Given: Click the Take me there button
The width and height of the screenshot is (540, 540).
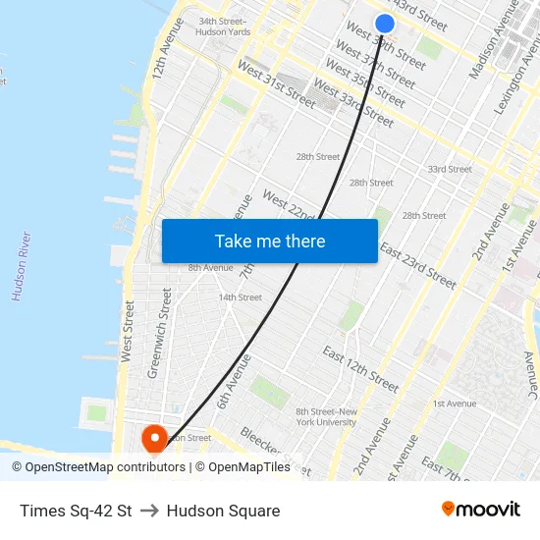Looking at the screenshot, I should click(269, 241).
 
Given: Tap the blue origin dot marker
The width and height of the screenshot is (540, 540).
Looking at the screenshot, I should click(385, 24).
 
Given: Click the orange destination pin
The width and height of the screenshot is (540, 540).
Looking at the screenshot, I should click(155, 438).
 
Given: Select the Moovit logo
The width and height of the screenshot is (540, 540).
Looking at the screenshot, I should click(480, 510).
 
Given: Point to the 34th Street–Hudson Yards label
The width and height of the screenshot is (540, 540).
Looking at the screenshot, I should click(224, 27).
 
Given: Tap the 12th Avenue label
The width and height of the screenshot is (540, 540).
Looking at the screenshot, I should click(162, 61).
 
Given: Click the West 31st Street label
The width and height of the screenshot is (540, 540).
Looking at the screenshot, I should click(276, 85).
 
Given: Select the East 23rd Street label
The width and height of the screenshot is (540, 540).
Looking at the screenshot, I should click(417, 265).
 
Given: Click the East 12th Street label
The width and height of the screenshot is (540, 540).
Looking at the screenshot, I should click(360, 368).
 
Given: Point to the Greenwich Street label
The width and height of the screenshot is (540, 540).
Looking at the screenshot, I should click(157, 334).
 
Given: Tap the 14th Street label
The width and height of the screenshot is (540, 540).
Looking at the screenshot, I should click(240, 297).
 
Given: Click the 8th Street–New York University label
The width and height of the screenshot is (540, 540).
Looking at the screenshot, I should click(327, 416).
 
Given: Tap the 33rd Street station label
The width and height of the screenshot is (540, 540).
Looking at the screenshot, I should click(449, 169).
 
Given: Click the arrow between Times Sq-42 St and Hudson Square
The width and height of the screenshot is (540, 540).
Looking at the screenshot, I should click(149, 511).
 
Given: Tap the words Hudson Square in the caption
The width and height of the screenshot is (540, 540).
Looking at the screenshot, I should click(223, 511).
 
